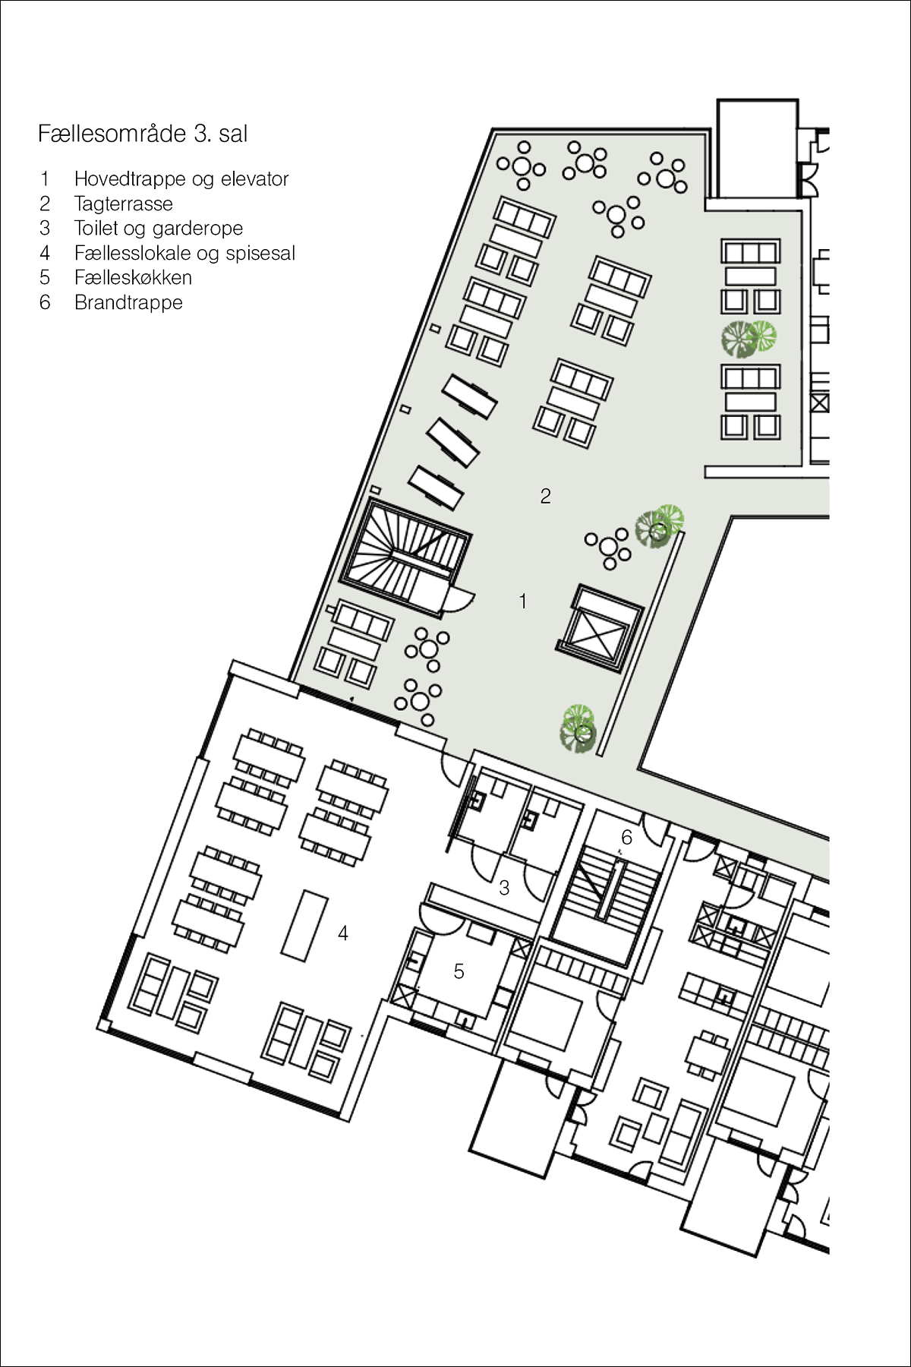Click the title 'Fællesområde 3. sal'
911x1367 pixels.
click(x=143, y=134)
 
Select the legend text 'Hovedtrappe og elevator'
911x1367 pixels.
click(x=181, y=179)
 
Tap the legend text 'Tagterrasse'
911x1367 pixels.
click(x=124, y=204)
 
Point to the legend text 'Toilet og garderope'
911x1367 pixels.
click(x=159, y=229)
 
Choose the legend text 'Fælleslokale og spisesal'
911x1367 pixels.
click(x=184, y=253)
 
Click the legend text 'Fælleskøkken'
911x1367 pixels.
click(x=133, y=277)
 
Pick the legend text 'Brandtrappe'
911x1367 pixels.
click(x=128, y=302)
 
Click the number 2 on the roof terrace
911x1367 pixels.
click(x=545, y=496)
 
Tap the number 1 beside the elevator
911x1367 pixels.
click(x=522, y=601)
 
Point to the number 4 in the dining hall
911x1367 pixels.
click(x=343, y=933)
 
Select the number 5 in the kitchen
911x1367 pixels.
click(x=459, y=971)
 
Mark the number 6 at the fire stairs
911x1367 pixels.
click(x=626, y=837)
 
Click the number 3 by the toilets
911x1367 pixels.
click(x=504, y=887)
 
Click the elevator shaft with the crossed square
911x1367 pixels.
click(x=600, y=628)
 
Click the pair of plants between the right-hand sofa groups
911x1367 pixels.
click(x=749, y=338)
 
